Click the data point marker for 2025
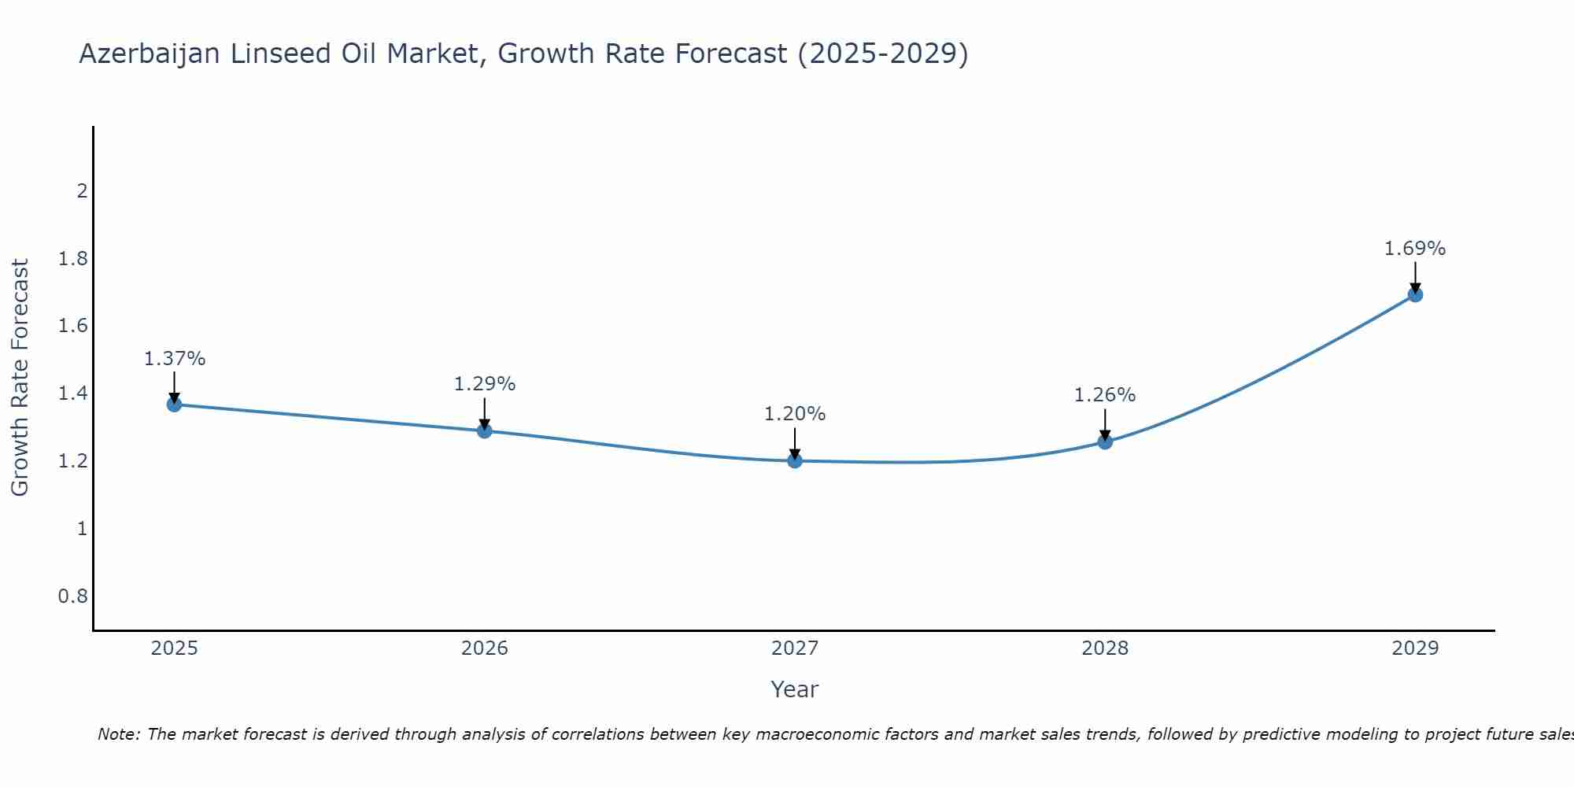pyautogui.click(x=174, y=405)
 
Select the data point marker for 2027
pyautogui.click(x=795, y=460)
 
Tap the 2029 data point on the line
pyautogui.click(x=1415, y=294)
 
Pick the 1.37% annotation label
pyautogui.click(x=175, y=359)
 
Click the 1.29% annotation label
pyautogui.click(x=485, y=384)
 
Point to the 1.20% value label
pyautogui.click(x=795, y=414)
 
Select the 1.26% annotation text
pyautogui.click(x=1105, y=395)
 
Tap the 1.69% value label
pyautogui.click(x=1415, y=249)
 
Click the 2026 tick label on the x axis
pyautogui.click(x=485, y=648)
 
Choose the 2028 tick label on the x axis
pyautogui.click(x=1105, y=648)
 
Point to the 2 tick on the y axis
pyautogui.click(x=82, y=191)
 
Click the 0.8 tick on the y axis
pyautogui.click(x=73, y=596)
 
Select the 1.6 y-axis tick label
pyautogui.click(x=73, y=326)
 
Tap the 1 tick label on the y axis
pyautogui.click(x=82, y=528)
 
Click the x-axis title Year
pyautogui.click(x=795, y=689)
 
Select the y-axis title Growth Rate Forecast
pyautogui.click(x=20, y=378)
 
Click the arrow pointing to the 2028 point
pyautogui.click(x=1105, y=425)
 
